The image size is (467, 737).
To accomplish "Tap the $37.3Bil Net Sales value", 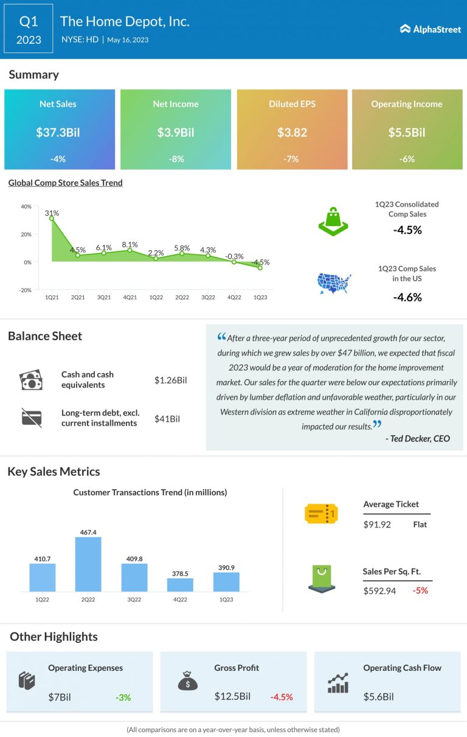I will [59, 132].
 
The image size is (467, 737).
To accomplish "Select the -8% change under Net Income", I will [175, 159].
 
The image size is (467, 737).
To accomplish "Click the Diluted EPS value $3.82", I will [292, 132].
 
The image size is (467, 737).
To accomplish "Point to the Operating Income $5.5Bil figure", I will [407, 132].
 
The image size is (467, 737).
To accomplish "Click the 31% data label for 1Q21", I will [52, 213].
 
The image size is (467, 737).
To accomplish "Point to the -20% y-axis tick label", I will [26, 290].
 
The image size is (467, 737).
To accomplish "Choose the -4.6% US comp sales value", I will [407, 297].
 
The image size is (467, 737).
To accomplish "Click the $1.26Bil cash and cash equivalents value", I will [170, 380].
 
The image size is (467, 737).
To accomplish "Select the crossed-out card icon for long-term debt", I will [31, 417].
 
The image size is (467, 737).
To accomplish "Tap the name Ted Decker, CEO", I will [417, 439].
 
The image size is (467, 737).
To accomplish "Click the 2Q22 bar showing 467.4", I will [88, 564].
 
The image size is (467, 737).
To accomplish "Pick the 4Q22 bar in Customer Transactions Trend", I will [180, 584].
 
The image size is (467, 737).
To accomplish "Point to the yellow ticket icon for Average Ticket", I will [321, 514].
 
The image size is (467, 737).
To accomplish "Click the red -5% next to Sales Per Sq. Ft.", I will [420, 590].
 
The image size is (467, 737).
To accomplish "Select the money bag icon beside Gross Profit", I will [187, 682].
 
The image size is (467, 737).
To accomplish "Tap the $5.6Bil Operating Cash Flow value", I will [379, 697].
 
